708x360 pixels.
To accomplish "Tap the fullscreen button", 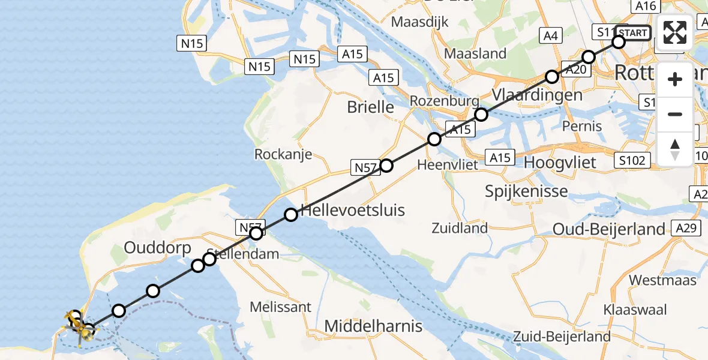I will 675,32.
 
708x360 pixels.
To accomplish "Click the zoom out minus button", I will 675,114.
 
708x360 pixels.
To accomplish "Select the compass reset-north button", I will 675,149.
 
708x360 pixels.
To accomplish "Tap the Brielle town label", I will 371,107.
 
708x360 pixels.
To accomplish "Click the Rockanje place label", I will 283,154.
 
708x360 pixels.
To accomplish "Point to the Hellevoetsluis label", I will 352,210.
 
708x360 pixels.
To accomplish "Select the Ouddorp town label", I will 157,248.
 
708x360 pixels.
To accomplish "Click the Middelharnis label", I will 373,326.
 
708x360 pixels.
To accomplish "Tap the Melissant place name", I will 280,307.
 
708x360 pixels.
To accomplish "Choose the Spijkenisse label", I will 526,191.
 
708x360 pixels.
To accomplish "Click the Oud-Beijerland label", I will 609,229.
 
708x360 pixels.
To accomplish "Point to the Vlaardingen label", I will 536,95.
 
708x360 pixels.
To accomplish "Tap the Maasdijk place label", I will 419,22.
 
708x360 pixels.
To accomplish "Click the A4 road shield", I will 550,36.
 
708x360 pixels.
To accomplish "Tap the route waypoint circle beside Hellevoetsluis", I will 291,214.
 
